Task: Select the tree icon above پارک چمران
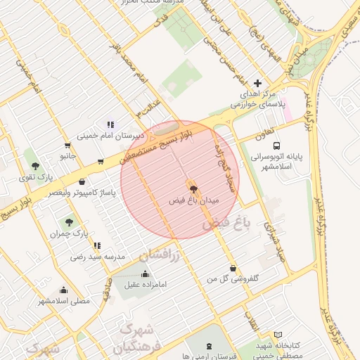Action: [x=69, y=221]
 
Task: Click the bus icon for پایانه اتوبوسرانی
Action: [x=276, y=146]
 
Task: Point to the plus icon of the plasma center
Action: [x=257, y=83]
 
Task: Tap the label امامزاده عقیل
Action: [x=146, y=285]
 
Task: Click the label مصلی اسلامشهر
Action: [x=64, y=301]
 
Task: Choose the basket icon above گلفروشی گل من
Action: [x=233, y=267]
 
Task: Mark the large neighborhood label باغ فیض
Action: [x=226, y=225]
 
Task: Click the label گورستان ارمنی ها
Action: [x=211, y=356]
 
